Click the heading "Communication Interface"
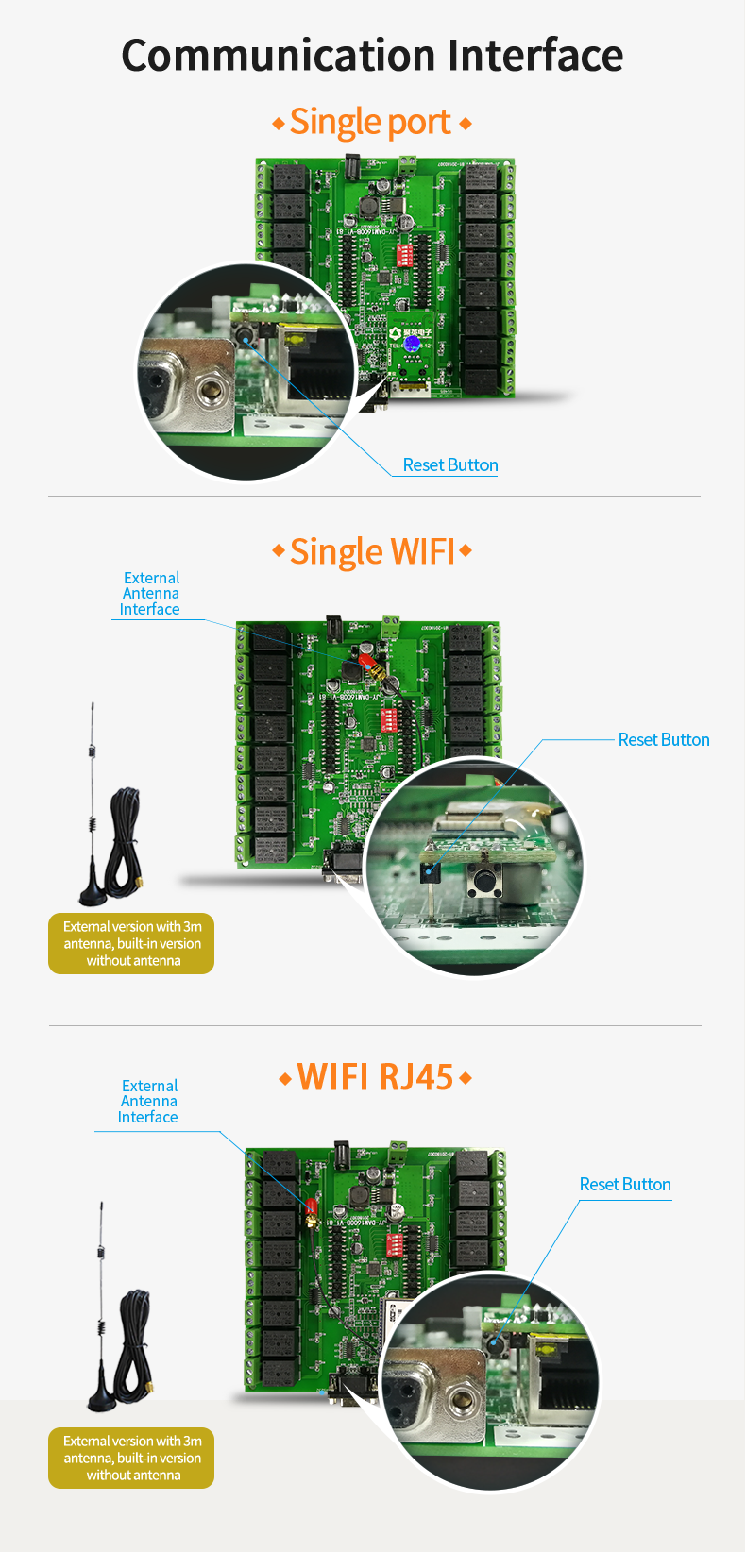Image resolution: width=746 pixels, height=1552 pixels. point(372,56)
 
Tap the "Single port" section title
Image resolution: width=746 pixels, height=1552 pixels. point(370,123)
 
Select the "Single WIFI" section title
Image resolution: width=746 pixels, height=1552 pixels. point(372,551)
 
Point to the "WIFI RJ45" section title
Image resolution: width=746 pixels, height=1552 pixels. point(375,1077)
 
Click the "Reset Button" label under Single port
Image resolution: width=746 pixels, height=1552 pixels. point(450,465)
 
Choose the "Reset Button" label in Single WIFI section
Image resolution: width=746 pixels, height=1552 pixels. point(664,740)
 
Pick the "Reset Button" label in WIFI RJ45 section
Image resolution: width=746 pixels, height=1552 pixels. point(625,1185)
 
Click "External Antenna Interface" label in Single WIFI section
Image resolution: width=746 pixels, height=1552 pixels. point(150,594)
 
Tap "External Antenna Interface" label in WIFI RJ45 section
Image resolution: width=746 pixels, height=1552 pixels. point(148,1102)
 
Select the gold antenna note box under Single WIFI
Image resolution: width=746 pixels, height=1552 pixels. point(131,944)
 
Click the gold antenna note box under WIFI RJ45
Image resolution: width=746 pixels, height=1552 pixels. point(131,1459)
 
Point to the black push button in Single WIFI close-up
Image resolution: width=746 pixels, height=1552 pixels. point(484,882)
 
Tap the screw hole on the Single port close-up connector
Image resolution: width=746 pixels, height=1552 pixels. point(209,387)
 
